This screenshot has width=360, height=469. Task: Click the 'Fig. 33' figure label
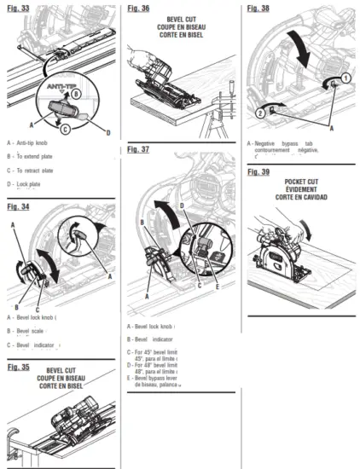[x=18, y=9]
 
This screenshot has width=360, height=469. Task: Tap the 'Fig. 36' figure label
[x=140, y=9]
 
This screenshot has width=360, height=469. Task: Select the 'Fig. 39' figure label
[x=259, y=172]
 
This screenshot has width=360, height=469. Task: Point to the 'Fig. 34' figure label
[x=18, y=206]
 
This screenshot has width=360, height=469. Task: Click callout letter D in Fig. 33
[x=107, y=132]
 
